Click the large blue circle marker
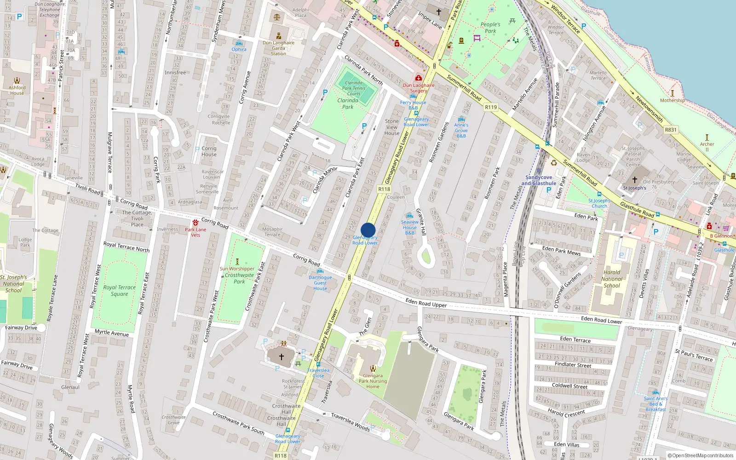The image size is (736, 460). click(368, 230)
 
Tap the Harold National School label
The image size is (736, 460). click(612, 279)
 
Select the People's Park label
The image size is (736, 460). click(490, 28)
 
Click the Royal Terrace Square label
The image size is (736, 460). click(120, 290)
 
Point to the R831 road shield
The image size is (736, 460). click(671, 130)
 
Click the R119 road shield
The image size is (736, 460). click(491, 107)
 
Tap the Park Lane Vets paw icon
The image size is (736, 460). click(195, 223)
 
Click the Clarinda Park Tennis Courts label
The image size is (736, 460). click(354, 88)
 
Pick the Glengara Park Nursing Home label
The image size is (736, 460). click(373, 381)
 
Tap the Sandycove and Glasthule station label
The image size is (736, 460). click(539, 180)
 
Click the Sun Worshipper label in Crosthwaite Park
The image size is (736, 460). click(237, 269)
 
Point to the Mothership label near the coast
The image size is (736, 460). click(672, 100)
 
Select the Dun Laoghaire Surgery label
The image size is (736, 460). click(419, 88)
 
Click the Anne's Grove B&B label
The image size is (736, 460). click(461, 130)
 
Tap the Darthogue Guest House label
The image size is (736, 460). click(320, 283)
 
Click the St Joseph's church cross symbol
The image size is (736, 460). click(635, 180)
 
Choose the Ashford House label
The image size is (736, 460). click(17, 90)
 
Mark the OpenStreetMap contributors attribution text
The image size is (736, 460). click(700, 455)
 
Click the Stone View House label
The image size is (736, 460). click(392, 127)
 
